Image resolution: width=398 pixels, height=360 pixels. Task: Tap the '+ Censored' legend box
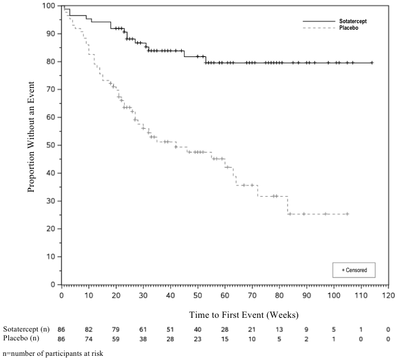355,270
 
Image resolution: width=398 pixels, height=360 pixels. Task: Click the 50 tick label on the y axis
52,145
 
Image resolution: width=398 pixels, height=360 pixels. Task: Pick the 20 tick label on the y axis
52,229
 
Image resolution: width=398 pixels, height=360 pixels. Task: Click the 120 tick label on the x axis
388,295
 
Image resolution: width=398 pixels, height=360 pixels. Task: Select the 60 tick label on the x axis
225,295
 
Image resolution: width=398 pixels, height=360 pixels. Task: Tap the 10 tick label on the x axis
89,295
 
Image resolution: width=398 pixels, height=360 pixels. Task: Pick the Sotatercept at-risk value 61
143,329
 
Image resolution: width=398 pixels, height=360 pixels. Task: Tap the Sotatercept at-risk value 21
252,329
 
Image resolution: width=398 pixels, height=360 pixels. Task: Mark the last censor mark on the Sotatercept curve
372,62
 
